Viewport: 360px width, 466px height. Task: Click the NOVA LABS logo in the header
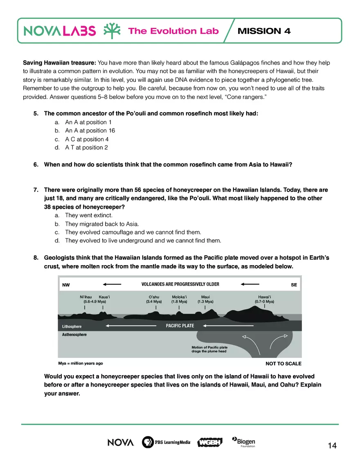click(x=60, y=31)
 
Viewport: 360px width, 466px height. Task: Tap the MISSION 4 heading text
click(x=264, y=31)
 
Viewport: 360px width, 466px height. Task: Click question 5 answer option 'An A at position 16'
click(x=90, y=131)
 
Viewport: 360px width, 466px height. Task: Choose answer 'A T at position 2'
click(x=86, y=147)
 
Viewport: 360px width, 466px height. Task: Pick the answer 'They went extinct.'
click(x=89, y=215)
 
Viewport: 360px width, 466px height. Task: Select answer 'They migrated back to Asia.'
click(x=102, y=224)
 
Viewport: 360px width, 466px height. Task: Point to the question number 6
click(x=36, y=164)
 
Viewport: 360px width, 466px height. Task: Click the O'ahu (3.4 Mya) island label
click(x=154, y=299)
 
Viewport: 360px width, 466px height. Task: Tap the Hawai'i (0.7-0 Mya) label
click(x=264, y=299)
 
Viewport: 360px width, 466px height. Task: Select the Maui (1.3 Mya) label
click(x=205, y=299)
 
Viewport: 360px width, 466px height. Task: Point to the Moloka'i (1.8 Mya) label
click(x=179, y=299)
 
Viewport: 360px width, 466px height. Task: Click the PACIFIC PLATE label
click(x=180, y=326)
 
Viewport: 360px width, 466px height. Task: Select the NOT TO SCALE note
click(x=283, y=363)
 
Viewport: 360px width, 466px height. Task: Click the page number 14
click(x=332, y=446)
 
